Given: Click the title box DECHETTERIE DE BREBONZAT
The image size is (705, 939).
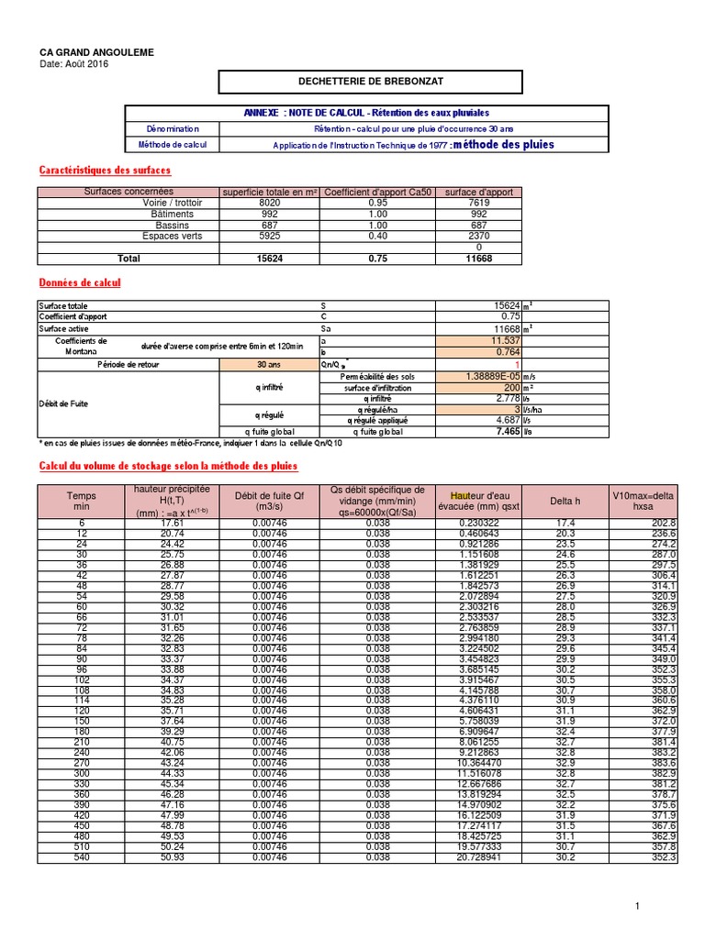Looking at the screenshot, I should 370,82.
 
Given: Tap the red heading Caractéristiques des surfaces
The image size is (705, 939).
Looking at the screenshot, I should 104,171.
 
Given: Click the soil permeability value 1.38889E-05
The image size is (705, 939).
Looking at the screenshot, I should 491,376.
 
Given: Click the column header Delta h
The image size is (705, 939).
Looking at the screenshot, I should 565,501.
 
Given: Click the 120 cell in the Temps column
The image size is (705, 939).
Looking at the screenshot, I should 82,684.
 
